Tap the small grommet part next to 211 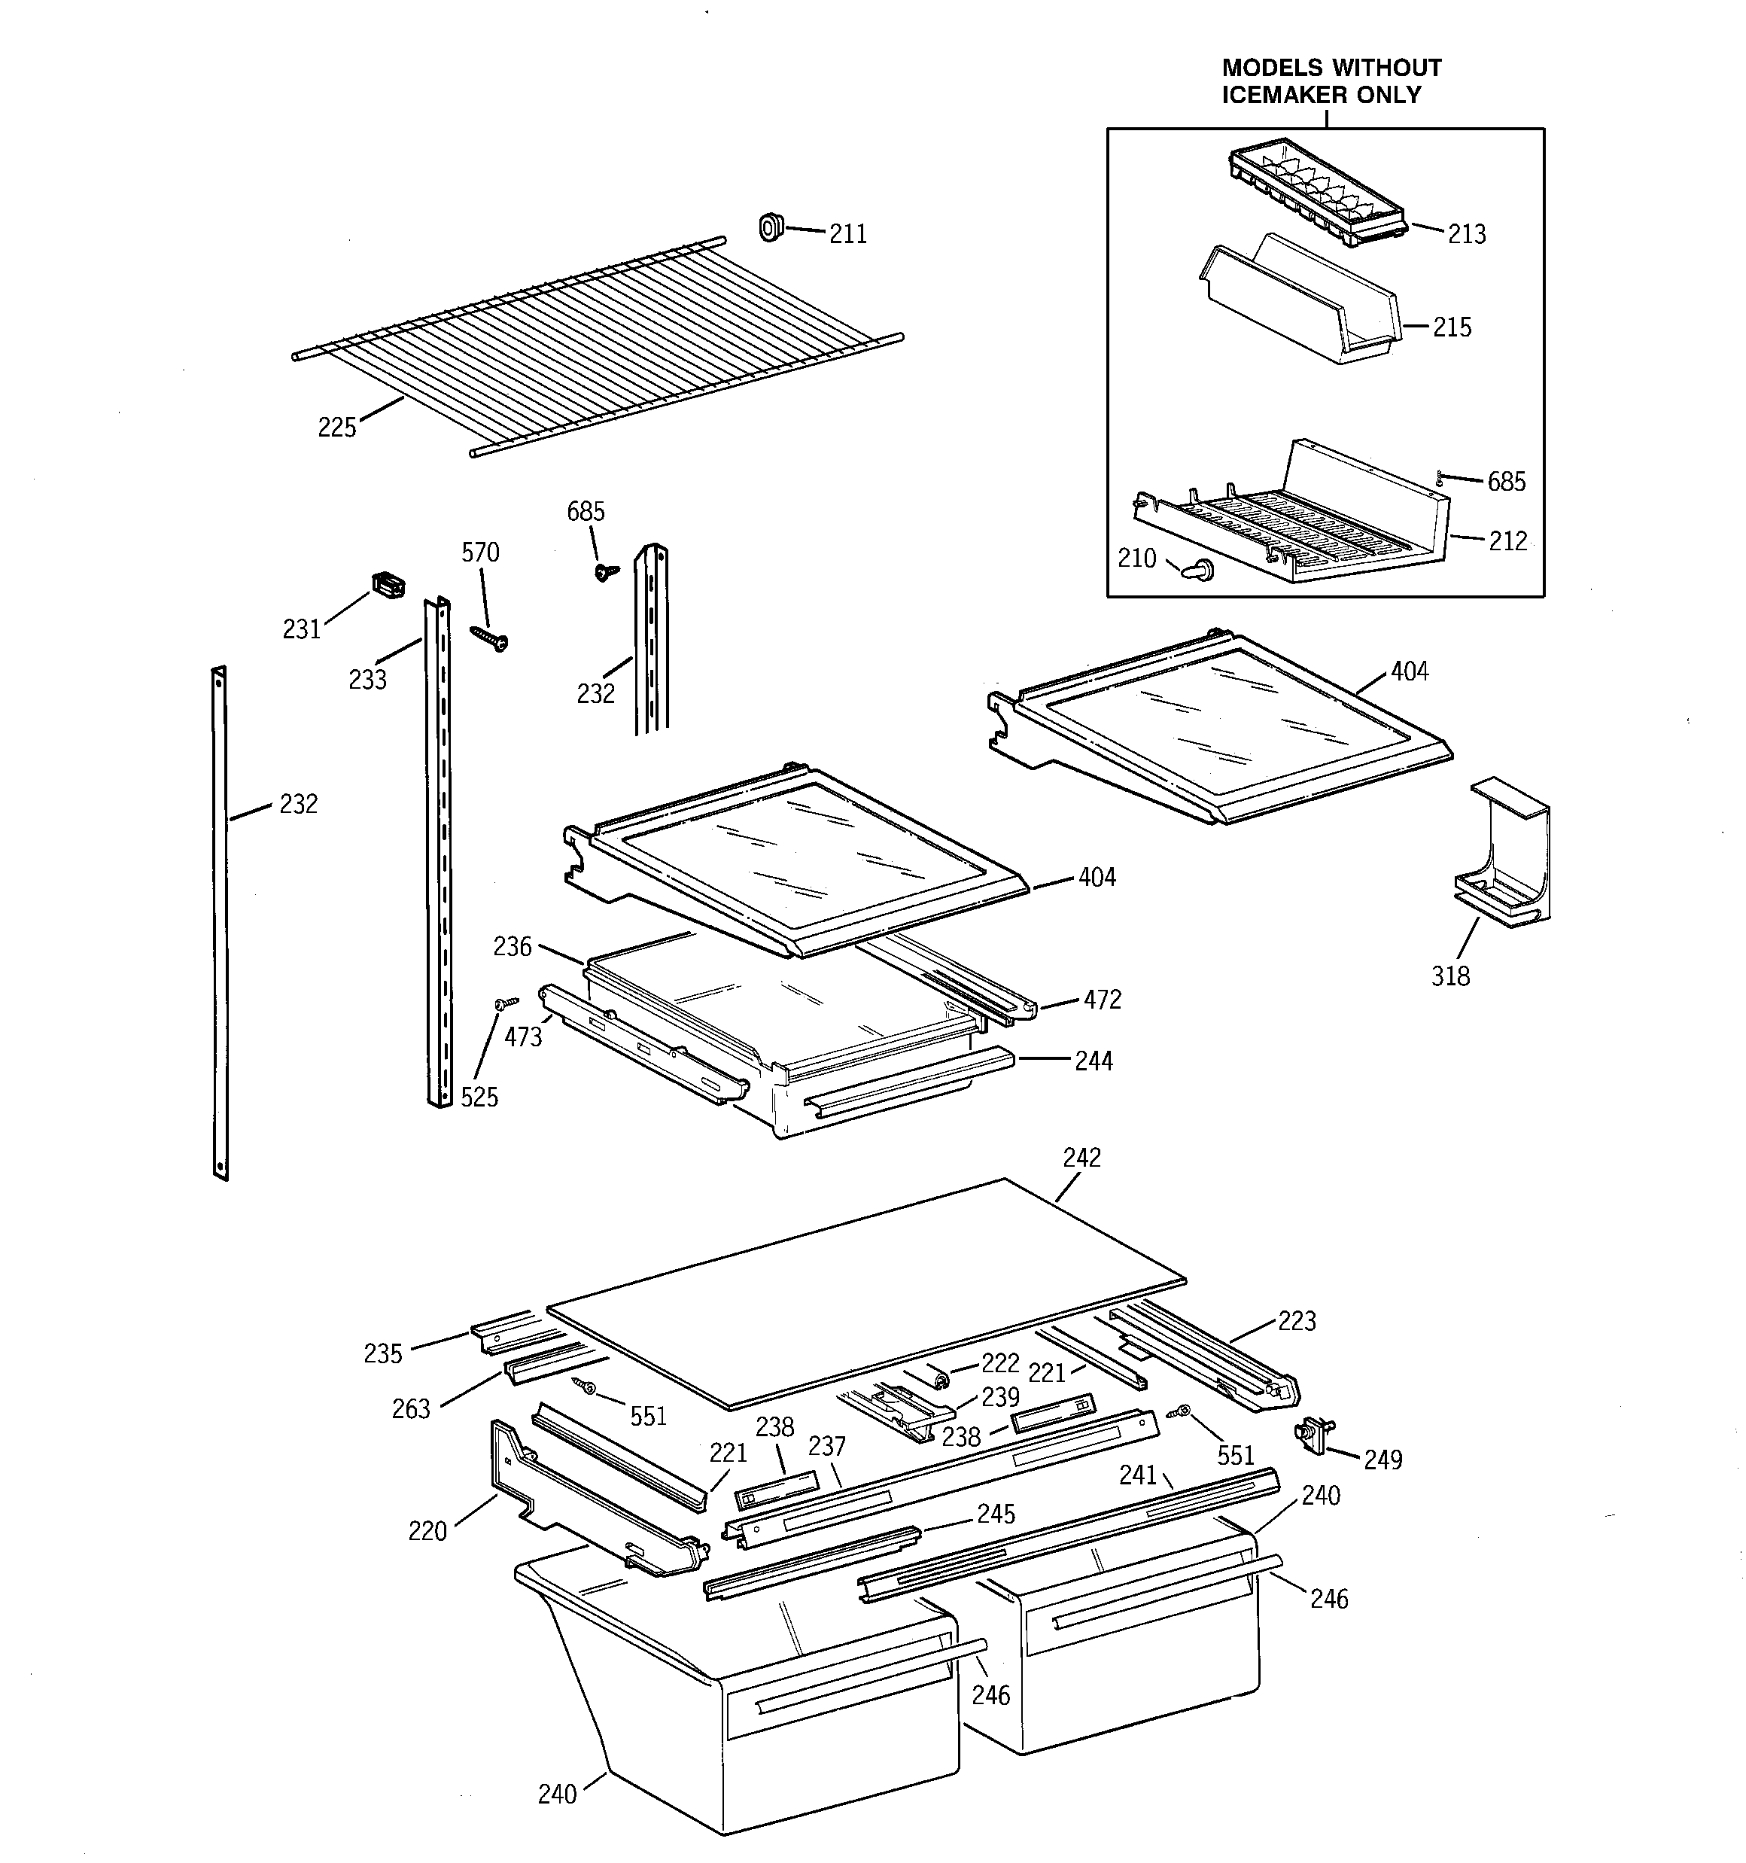[x=771, y=227]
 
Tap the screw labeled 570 [x=489, y=638]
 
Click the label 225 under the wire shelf [x=336, y=428]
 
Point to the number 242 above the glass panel [x=1081, y=1158]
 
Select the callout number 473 [x=523, y=1037]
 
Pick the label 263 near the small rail [x=410, y=1409]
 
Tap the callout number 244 [x=1093, y=1062]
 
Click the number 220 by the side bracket [x=427, y=1531]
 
